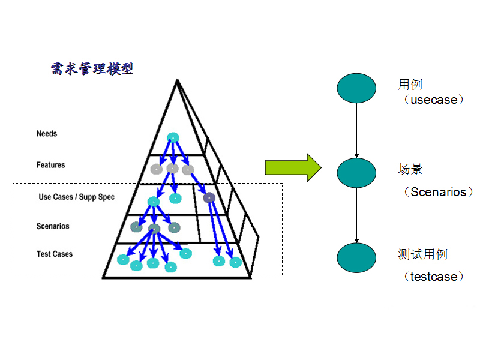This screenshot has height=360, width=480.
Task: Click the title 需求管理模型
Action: [92, 68]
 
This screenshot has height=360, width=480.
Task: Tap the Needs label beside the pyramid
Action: [47, 133]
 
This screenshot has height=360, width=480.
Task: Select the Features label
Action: [50, 164]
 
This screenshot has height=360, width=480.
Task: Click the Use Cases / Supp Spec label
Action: [76, 197]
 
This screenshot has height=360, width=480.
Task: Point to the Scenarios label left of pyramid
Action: [53, 226]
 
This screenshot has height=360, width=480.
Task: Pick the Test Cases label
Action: [55, 254]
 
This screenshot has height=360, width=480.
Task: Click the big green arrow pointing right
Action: [294, 167]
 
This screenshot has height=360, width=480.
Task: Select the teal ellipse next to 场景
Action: [356, 173]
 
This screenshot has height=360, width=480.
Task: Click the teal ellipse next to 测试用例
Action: [356, 257]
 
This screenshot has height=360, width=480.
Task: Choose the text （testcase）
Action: [434, 277]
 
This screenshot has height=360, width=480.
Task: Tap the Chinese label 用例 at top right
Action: [410, 85]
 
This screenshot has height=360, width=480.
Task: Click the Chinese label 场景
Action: [410, 169]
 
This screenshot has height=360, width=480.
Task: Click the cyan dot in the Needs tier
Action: [173, 137]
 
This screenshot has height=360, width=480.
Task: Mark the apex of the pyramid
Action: [176, 80]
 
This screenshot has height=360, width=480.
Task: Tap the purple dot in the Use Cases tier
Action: [209, 197]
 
